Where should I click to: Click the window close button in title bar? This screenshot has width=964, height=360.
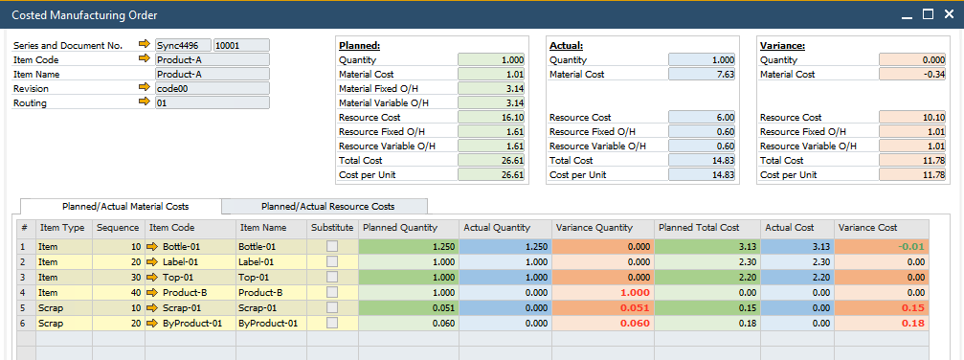coord(947,14)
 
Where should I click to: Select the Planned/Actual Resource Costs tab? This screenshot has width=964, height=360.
coord(328,206)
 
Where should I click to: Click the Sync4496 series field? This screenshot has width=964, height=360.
coord(183,45)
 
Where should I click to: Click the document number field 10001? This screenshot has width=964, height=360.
coord(241,45)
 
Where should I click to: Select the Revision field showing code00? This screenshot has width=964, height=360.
coord(212,88)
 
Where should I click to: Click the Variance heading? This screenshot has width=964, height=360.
coord(781,45)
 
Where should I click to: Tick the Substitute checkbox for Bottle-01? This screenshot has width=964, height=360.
coord(332,246)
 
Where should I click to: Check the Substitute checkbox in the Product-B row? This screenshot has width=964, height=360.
coord(332,292)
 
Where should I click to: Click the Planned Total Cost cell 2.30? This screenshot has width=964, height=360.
coord(707,261)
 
